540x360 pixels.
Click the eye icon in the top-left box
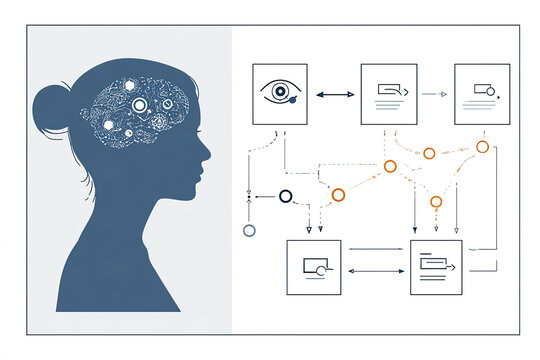pyautogui.click(x=280, y=93)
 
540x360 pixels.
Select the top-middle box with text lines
pyautogui.click(x=388, y=94)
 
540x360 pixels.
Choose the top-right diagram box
pyautogui.click(x=482, y=94)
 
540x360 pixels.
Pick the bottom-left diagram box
pyautogui.click(x=314, y=267)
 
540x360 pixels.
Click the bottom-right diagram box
pyautogui.click(x=436, y=267)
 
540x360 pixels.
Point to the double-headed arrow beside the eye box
pyautogui.click(x=334, y=94)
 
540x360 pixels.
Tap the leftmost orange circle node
pyautogui.click(x=338, y=194)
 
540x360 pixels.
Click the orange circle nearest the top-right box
pyautogui.click(x=482, y=147)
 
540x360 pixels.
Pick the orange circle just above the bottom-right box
pyautogui.click(x=436, y=202)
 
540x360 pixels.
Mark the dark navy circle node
pyautogui.click(x=285, y=195)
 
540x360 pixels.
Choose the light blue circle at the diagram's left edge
pyautogui.click(x=249, y=230)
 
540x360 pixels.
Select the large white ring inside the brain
pyautogui.click(x=140, y=105)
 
